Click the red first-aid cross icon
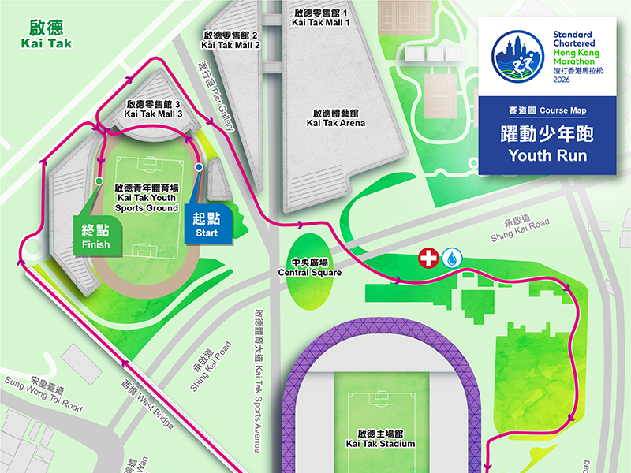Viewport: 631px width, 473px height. (x=428, y=259)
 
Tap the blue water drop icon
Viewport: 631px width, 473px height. (x=453, y=259)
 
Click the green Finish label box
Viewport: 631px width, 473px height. (x=96, y=236)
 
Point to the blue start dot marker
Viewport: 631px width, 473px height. (x=199, y=168)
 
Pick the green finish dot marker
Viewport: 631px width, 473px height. (x=99, y=181)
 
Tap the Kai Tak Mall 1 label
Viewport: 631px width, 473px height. (x=319, y=18)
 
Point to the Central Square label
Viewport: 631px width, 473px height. (x=309, y=267)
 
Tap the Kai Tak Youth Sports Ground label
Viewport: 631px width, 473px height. (x=146, y=199)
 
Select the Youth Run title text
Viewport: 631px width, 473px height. (x=547, y=144)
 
